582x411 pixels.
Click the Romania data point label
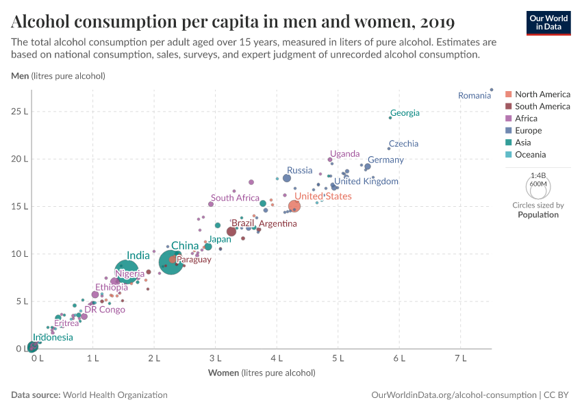tap(475, 96)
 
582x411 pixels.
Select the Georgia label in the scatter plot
tap(405, 113)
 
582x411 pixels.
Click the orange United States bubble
tap(294, 206)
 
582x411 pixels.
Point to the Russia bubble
tap(287, 178)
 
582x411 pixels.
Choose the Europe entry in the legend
tap(528, 131)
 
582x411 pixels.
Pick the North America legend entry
tap(542, 95)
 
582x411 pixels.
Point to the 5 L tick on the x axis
tap(338, 358)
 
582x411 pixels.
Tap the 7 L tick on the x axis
tap(460, 358)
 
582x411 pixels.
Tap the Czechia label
tap(403, 144)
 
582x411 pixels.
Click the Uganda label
tap(344, 153)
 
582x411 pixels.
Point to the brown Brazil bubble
tap(231, 232)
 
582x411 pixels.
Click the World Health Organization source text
tap(115, 395)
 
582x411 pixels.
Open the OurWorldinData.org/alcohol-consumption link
tap(453, 395)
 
